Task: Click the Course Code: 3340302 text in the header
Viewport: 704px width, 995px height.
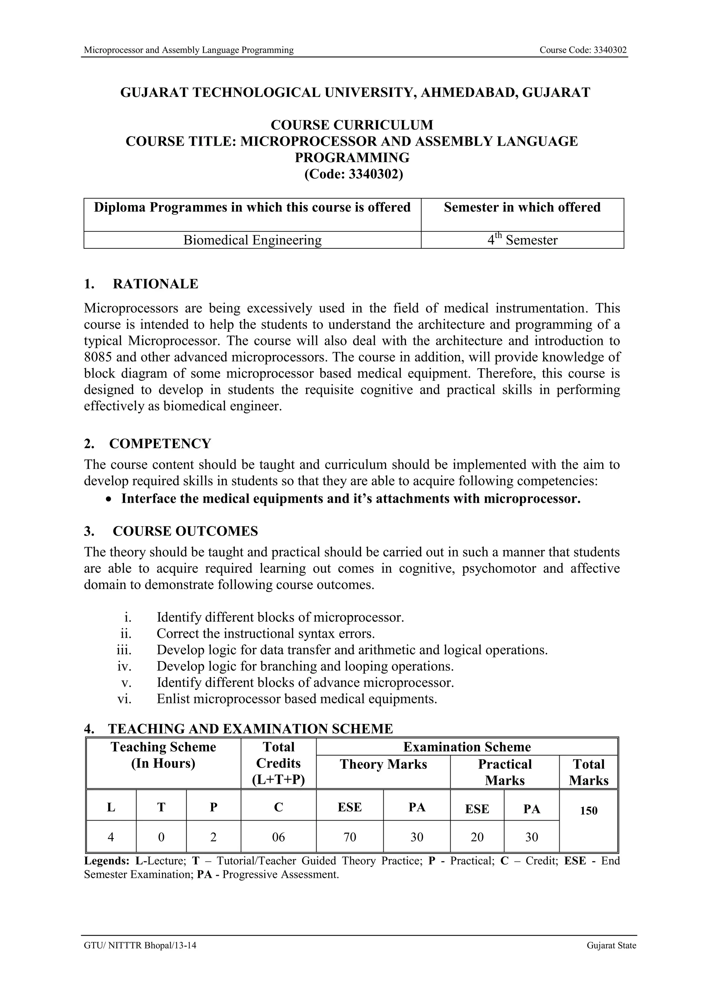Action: coord(583,50)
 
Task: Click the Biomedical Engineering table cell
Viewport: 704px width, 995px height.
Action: coord(252,240)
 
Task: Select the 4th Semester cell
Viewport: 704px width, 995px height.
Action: coord(522,240)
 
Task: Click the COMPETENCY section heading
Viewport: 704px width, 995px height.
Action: coord(160,444)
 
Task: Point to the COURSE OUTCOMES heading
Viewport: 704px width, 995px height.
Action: coord(185,531)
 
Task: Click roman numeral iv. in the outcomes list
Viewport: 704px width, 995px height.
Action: coord(124,666)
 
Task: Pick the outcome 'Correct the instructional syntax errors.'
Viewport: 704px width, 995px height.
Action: coord(265,634)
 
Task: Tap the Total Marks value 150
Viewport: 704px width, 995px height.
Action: coord(588,811)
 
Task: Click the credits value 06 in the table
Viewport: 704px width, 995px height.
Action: coord(278,837)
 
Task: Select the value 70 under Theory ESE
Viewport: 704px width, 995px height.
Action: coord(350,837)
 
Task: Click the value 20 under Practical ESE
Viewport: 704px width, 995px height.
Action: coord(477,837)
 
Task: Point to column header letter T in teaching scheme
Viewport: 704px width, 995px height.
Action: coord(161,807)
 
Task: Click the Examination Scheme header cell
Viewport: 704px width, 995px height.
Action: coord(467,747)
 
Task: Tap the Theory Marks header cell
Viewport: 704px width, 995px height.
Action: coord(383,765)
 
